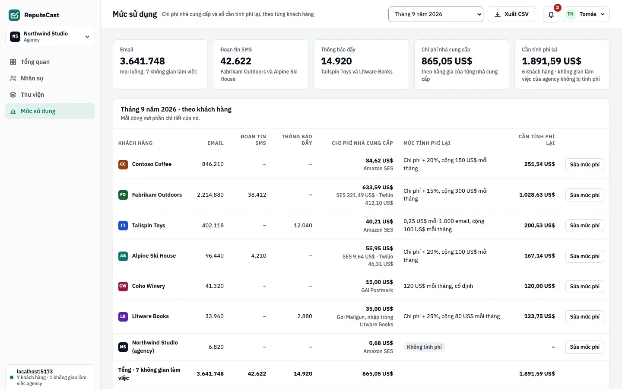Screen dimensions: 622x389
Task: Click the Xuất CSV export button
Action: tap(511, 14)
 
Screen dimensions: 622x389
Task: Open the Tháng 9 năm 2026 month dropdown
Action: tap(435, 14)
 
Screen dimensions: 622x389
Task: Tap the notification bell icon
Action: tap(551, 14)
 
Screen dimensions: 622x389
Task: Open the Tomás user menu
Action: tap(586, 14)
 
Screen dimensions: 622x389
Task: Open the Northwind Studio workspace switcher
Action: tap(50, 36)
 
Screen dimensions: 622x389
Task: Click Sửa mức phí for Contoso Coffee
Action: tap(584, 165)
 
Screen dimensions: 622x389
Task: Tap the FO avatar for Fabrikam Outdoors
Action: tap(123, 195)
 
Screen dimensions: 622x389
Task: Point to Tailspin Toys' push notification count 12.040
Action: tap(303, 225)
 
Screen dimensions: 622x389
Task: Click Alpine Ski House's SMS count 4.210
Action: tap(258, 255)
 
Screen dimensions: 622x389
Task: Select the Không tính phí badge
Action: tap(424, 347)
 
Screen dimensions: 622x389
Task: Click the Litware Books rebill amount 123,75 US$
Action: tap(539, 316)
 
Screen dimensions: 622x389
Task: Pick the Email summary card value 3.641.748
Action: tap(142, 61)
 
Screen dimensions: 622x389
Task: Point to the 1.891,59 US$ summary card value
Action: tap(551, 61)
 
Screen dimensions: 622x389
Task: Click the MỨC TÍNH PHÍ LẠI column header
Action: tap(427, 143)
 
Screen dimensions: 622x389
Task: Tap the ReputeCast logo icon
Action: tap(14, 15)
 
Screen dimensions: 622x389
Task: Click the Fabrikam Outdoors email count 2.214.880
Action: tap(210, 195)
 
